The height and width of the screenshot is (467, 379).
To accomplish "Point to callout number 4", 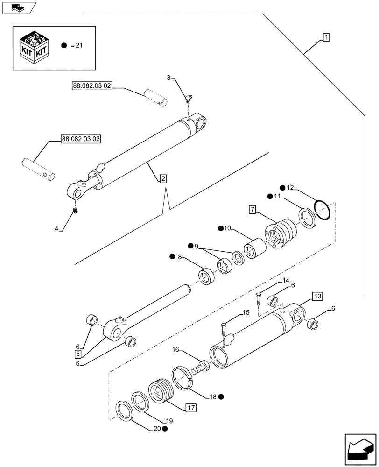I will click(x=57, y=229).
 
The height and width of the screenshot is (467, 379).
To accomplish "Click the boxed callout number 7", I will click(x=252, y=209).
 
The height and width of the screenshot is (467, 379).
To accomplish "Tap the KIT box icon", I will click(x=35, y=48).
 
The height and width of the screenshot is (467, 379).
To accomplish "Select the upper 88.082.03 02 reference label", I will click(x=91, y=86).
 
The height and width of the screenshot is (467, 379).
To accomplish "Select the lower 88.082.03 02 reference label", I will click(x=81, y=139).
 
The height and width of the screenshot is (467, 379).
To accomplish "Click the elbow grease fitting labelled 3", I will click(x=188, y=98).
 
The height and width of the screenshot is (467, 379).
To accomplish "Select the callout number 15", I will click(x=246, y=313).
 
